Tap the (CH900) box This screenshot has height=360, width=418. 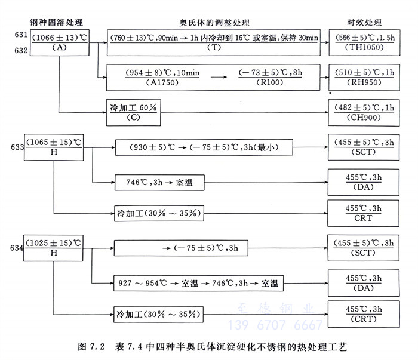pos(364,112)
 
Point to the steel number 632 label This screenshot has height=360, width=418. pos(13,51)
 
